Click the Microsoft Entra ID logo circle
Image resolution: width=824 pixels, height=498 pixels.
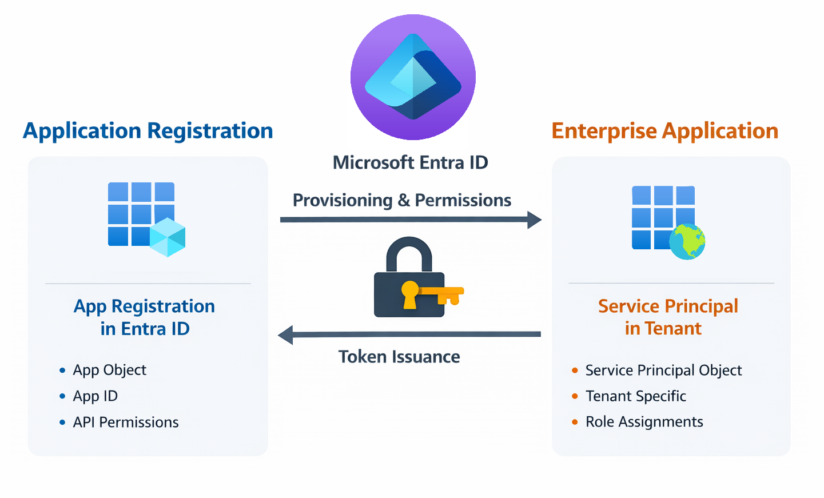(x=413, y=77)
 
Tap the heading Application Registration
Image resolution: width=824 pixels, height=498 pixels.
(x=148, y=131)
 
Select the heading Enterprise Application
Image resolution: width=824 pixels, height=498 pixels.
(x=664, y=131)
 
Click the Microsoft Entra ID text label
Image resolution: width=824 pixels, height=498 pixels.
(x=410, y=163)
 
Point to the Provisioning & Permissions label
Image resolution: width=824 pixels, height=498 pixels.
(x=401, y=200)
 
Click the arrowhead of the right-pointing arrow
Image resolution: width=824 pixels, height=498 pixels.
(x=534, y=220)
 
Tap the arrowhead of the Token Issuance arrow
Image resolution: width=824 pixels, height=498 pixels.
(x=285, y=335)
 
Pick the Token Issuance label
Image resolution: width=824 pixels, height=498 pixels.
(x=399, y=357)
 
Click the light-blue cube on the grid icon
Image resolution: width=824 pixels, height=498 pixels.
(x=168, y=237)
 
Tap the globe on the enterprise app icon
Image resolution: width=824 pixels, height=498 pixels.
(x=687, y=242)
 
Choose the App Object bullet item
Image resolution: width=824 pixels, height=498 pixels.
(x=109, y=370)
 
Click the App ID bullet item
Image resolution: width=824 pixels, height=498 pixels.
(x=95, y=396)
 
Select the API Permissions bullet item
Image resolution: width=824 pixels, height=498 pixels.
(x=125, y=423)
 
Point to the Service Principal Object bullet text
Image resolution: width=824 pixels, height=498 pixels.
(x=663, y=370)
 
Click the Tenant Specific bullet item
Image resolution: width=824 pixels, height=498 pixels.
(x=635, y=396)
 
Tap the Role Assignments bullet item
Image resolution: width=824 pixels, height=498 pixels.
(x=644, y=422)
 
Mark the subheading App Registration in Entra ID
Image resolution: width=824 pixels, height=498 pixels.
(x=145, y=317)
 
